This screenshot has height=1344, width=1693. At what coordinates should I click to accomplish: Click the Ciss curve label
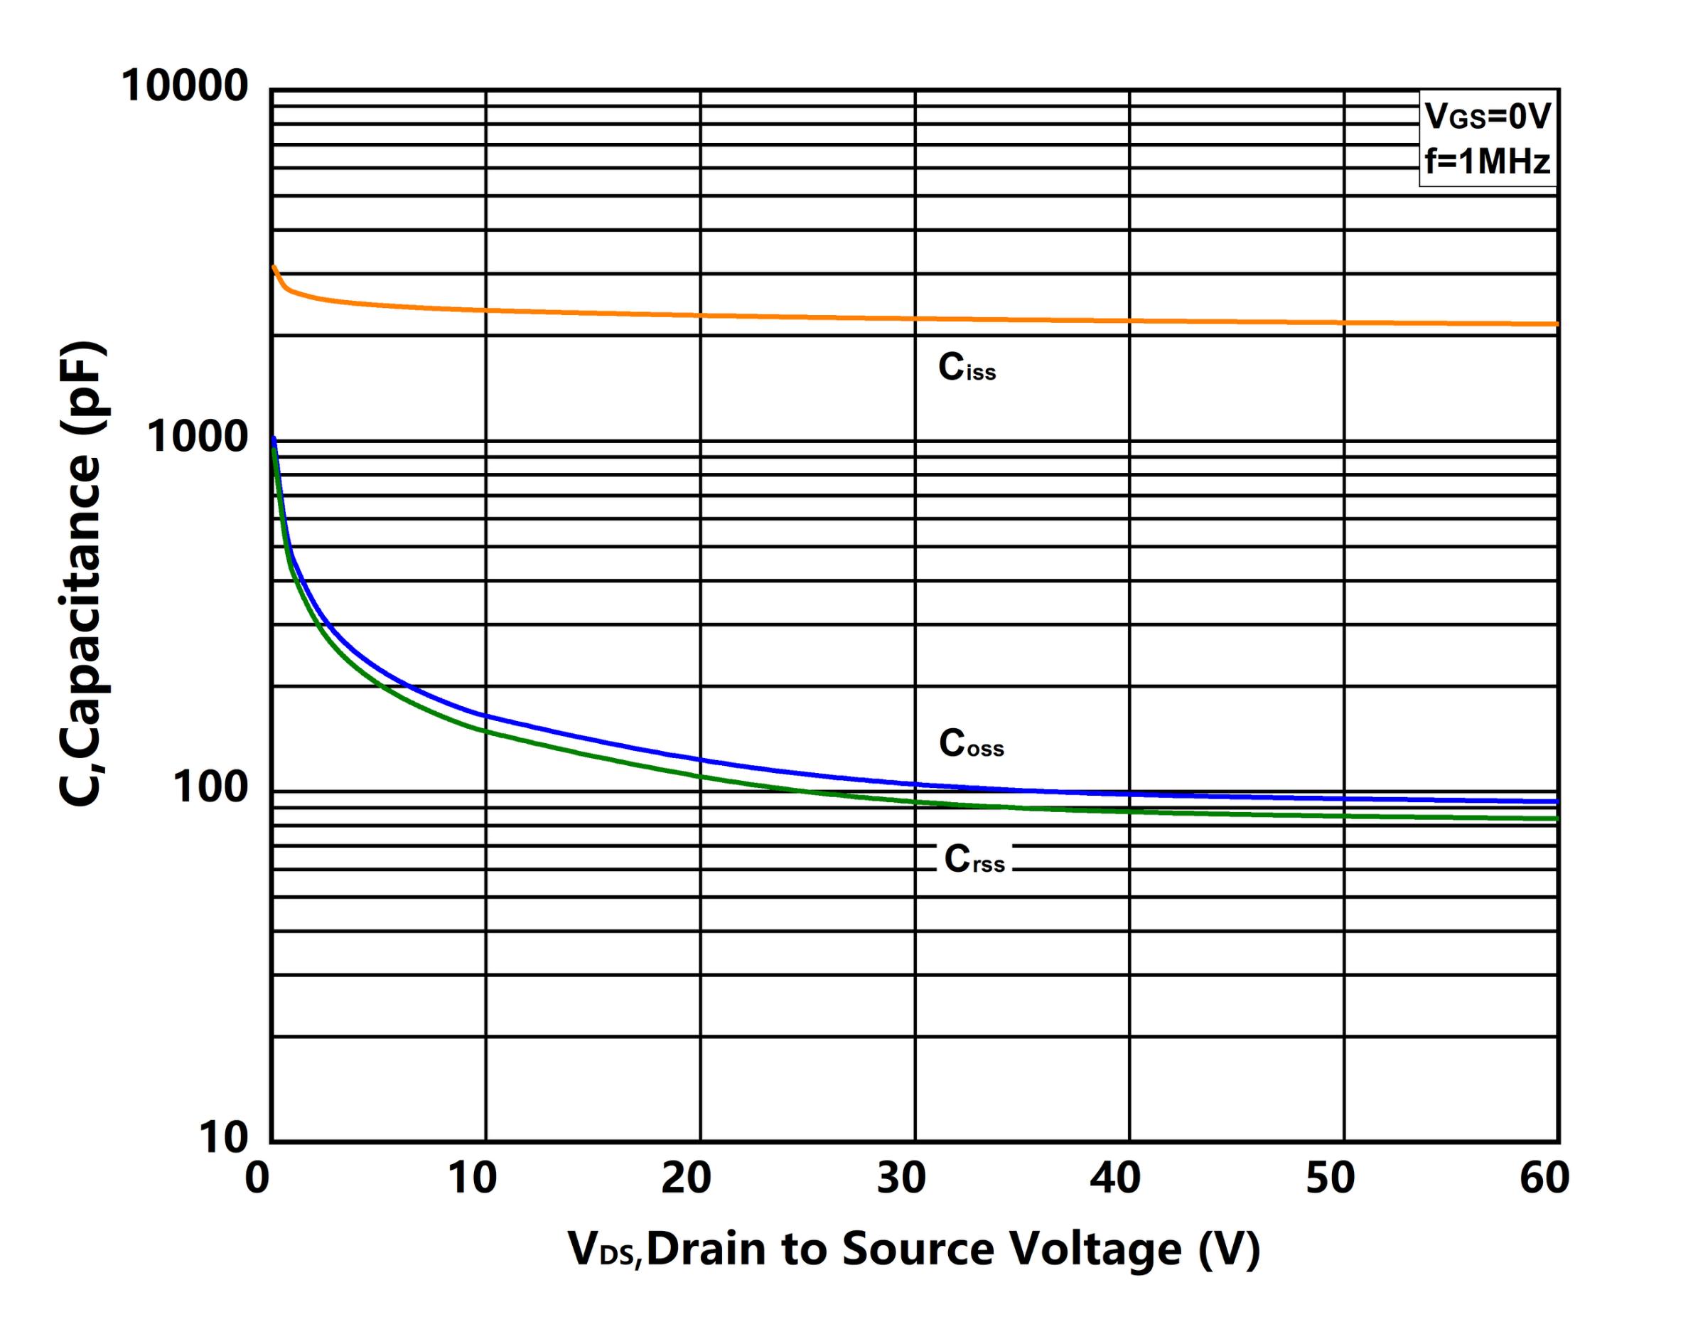click(x=967, y=368)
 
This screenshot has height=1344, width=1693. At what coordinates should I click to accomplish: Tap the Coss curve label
click(x=972, y=743)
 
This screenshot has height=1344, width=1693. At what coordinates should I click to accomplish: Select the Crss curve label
click(x=974, y=859)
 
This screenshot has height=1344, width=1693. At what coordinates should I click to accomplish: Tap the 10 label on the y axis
click(x=223, y=1136)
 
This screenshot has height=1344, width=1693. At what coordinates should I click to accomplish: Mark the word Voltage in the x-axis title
click(x=1095, y=1249)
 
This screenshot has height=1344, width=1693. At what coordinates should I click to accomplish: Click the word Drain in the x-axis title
click(x=706, y=1249)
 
